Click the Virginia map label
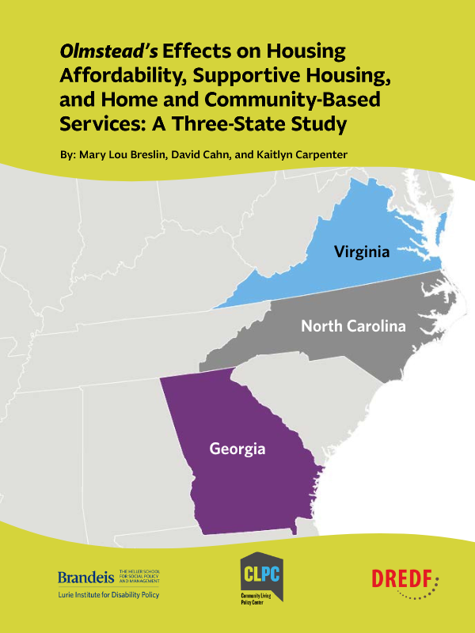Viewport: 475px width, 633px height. pyautogui.click(x=362, y=252)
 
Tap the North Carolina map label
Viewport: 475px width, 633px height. pyautogui.click(x=353, y=325)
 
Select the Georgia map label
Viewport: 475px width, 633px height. pyautogui.click(x=237, y=449)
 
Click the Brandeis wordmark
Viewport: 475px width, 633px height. pyautogui.click(x=86, y=578)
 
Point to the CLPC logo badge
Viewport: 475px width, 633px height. pyautogui.click(x=262, y=572)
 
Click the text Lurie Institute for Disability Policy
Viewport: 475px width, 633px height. pyautogui.click(x=108, y=594)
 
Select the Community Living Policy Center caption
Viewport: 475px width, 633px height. pyautogui.click(x=262, y=604)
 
